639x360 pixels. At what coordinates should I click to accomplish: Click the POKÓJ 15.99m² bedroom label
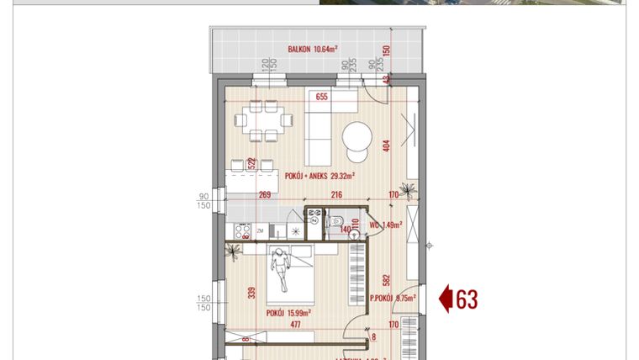[288, 312]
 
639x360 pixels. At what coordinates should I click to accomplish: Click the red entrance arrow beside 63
[446, 299]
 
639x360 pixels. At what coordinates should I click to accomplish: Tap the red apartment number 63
[467, 299]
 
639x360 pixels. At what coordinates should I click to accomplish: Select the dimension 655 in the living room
[321, 98]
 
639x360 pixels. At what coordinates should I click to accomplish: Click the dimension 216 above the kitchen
[313, 196]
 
